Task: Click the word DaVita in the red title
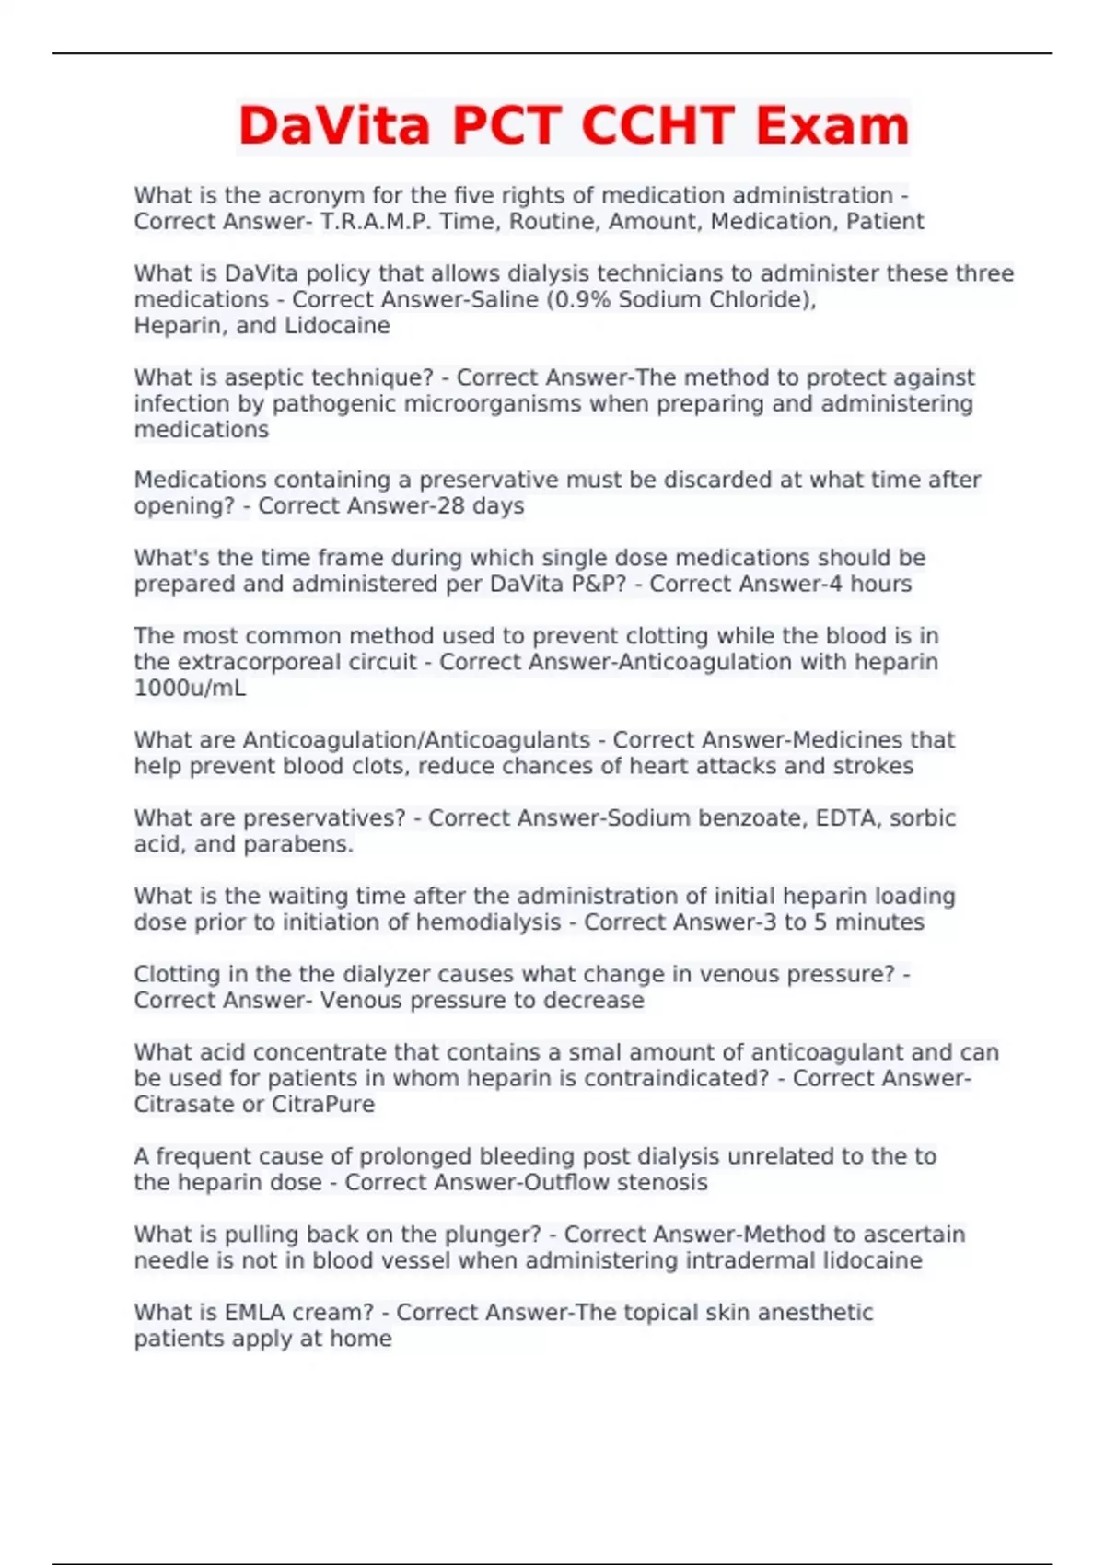[x=334, y=126]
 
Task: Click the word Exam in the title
[x=832, y=126]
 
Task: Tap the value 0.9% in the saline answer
[x=581, y=300]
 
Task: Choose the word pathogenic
[x=335, y=404]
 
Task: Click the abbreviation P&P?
[x=592, y=585]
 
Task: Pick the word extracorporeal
[x=297, y=663]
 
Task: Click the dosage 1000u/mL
[x=190, y=689]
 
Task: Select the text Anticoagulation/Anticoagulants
[x=416, y=740]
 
